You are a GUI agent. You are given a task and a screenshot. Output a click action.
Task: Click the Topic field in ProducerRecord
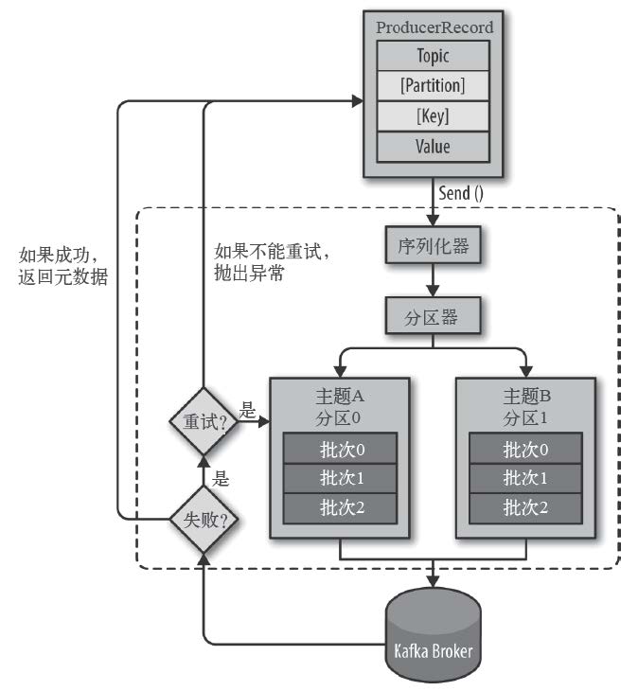pyautogui.click(x=434, y=56)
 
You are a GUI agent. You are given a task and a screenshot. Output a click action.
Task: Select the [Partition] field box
pyautogui.click(x=434, y=85)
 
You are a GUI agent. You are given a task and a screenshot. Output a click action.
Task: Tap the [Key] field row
pyautogui.click(x=434, y=115)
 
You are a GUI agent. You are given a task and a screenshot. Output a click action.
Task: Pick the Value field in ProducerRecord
pyautogui.click(x=434, y=147)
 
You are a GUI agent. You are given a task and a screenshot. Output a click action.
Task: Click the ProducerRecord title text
pyautogui.click(x=434, y=27)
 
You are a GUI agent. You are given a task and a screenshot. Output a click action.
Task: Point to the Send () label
pyautogui.click(x=461, y=193)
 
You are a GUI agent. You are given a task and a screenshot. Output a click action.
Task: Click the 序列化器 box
pyautogui.click(x=433, y=245)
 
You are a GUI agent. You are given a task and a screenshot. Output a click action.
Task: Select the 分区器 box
pyautogui.click(x=433, y=316)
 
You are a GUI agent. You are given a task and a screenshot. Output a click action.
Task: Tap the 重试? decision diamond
pyautogui.click(x=204, y=421)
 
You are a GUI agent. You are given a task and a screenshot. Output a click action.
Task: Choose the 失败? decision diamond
pyautogui.click(x=204, y=519)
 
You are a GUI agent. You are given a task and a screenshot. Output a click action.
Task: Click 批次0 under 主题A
pyautogui.click(x=340, y=448)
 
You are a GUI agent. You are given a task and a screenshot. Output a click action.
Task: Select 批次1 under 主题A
pyautogui.click(x=340, y=478)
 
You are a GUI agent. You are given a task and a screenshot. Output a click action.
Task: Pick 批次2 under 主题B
pyautogui.click(x=526, y=508)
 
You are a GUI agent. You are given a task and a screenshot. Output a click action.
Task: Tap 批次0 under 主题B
pyautogui.click(x=526, y=448)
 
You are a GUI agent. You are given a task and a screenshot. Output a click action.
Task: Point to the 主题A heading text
pyautogui.click(x=340, y=396)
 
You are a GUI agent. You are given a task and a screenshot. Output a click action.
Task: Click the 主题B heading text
pyautogui.click(x=526, y=396)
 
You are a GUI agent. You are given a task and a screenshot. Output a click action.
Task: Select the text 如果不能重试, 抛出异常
pyautogui.click(x=272, y=262)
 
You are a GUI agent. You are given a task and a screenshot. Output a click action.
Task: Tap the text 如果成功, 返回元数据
pyautogui.click(x=63, y=266)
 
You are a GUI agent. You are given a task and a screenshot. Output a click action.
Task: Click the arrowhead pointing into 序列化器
pyautogui.click(x=434, y=221)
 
